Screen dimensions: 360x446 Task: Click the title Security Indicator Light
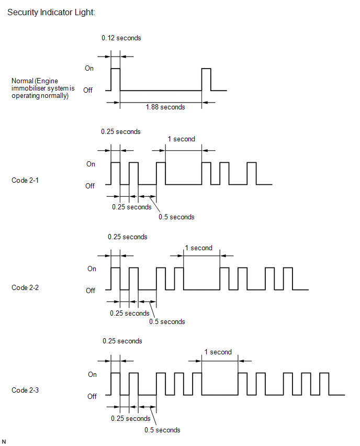(51, 12)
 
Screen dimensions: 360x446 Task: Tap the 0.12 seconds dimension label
(121, 38)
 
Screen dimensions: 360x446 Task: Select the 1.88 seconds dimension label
(165, 107)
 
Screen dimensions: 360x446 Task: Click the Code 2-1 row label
(25, 180)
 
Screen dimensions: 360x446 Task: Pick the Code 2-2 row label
(25, 287)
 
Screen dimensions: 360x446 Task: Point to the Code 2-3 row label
(25, 390)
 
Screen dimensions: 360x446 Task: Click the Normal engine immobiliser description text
(43, 88)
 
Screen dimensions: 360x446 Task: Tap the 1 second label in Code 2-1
(182, 139)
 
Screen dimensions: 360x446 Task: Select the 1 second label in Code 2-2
(199, 248)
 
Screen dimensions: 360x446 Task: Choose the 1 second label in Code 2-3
(218, 352)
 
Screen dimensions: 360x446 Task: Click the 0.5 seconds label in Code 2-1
(176, 217)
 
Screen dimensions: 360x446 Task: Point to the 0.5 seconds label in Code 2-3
(162, 430)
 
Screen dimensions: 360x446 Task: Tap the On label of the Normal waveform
(89, 68)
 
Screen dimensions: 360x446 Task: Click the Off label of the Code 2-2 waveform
(91, 291)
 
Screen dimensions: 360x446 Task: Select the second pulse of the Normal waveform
(206, 80)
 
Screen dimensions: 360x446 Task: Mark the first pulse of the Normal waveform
(116, 80)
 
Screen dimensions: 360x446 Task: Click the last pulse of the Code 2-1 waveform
(252, 173)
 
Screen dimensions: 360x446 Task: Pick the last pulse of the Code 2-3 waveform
(324, 384)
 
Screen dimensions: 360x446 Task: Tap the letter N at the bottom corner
(4, 442)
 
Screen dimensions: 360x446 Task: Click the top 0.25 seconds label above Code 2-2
(127, 237)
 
